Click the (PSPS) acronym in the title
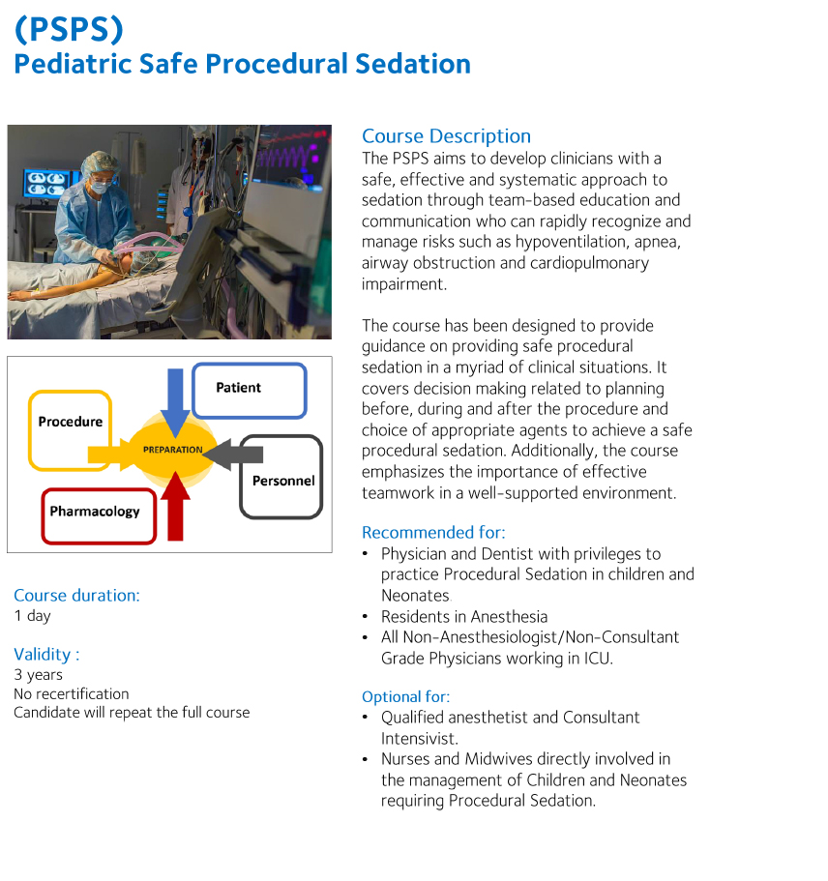69,29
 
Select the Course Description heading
446,136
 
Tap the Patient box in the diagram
249,390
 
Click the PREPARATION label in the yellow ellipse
173,450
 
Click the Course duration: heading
76,595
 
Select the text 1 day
32,616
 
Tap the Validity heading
46,654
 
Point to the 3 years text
38,675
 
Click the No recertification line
71,693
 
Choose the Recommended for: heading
433,532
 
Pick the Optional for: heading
405,696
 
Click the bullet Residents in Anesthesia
464,617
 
